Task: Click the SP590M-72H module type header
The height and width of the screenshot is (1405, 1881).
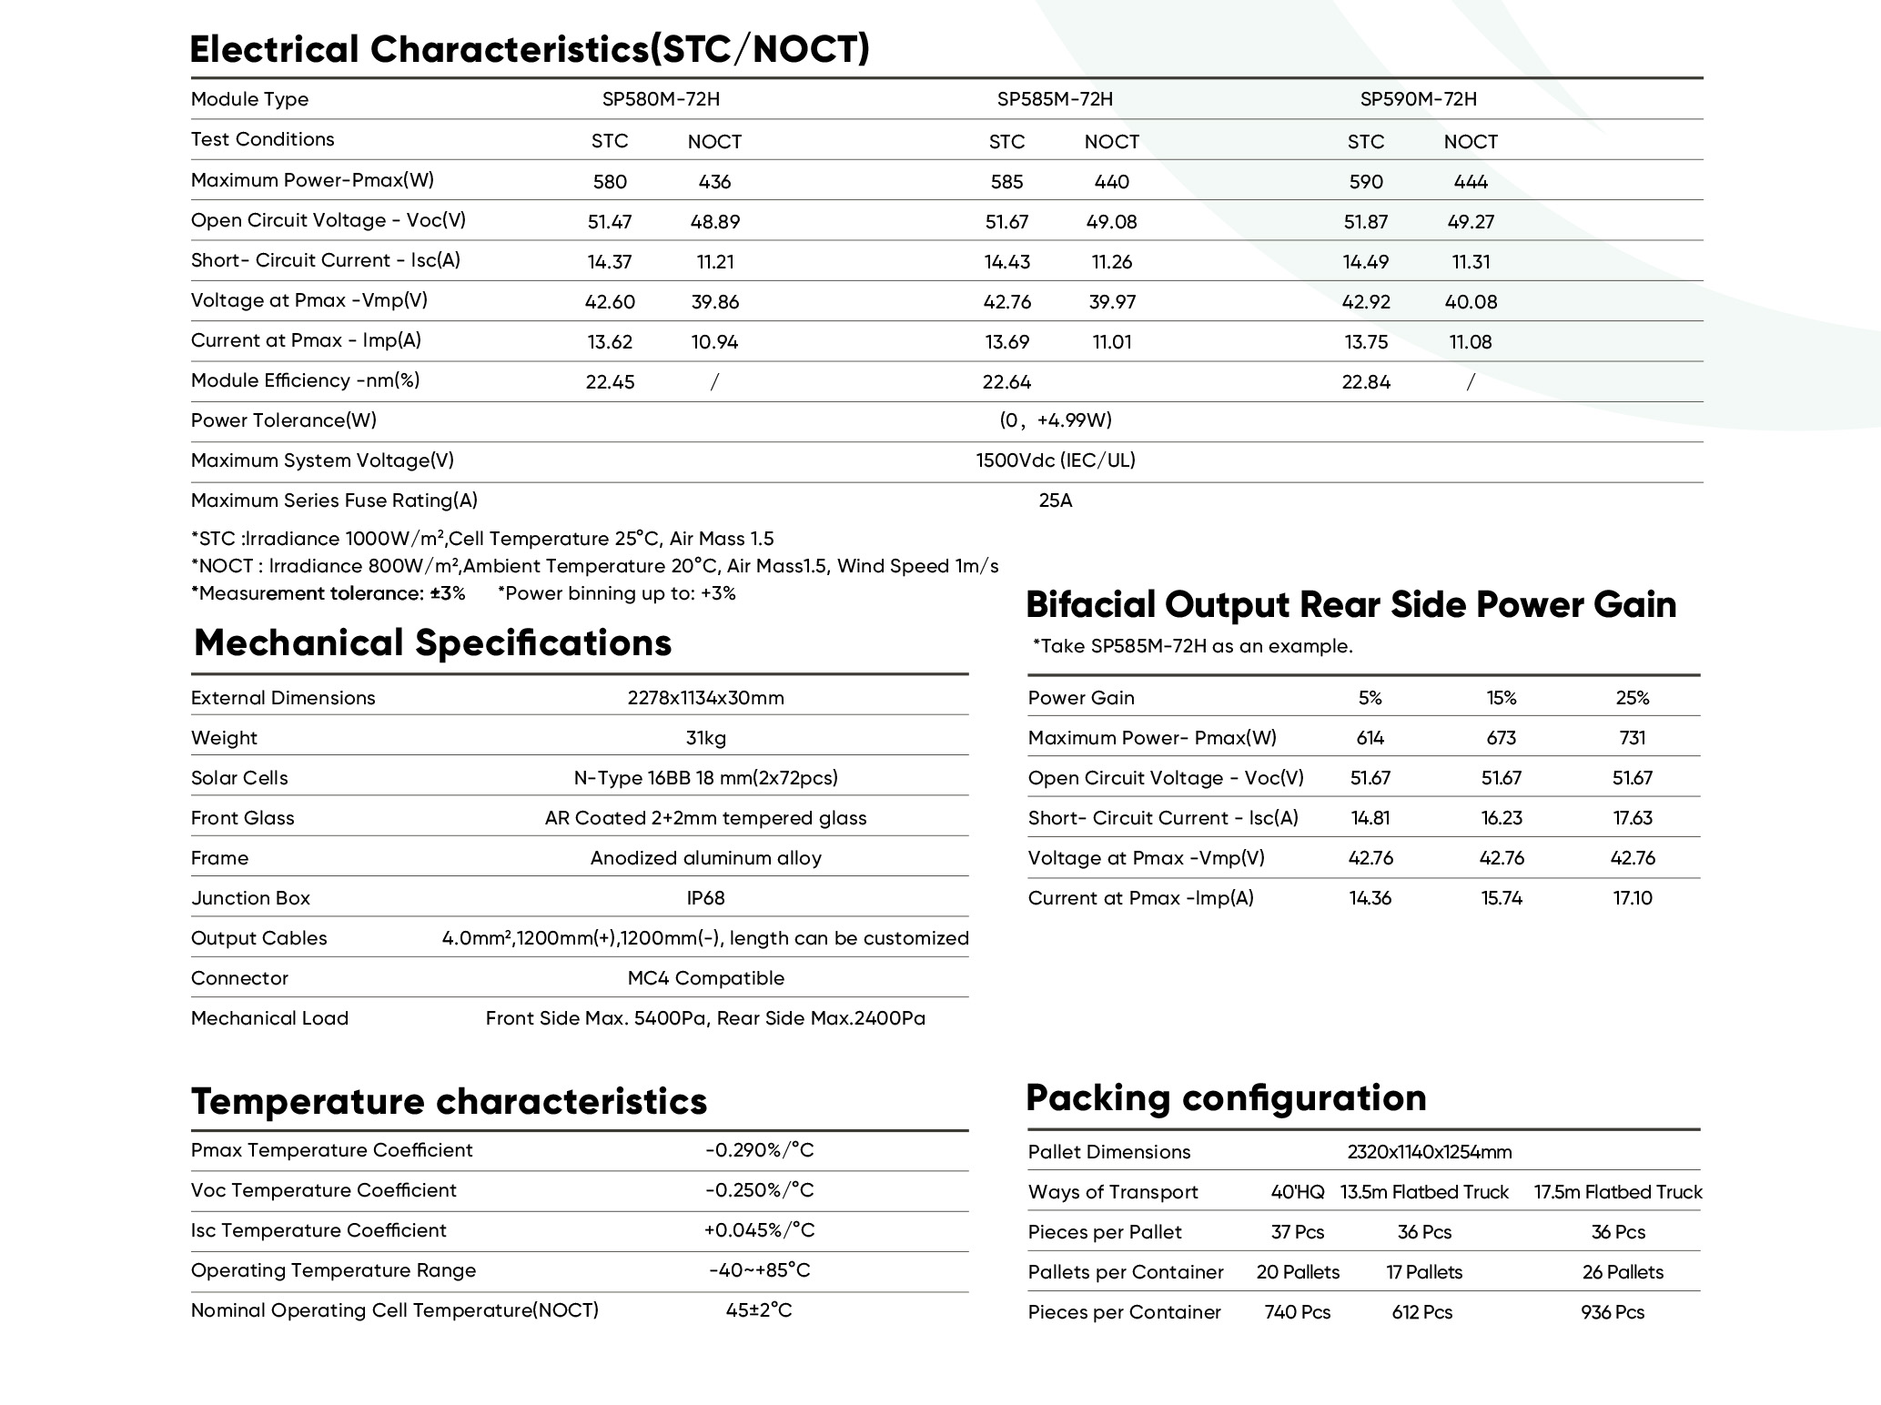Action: click(x=1418, y=99)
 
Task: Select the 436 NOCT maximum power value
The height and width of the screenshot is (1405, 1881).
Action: click(x=714, y=182)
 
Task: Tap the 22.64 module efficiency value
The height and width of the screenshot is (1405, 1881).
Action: click(x=1006, y=382)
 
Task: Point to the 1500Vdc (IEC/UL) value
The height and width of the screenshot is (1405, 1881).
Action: click(x=1056, y=460)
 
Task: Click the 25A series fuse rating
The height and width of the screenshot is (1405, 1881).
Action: click(x=1056, y=500)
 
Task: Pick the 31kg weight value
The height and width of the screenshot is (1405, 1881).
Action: click(x=705, y=738)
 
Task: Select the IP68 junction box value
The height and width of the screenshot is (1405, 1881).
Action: click(x=705, y=898)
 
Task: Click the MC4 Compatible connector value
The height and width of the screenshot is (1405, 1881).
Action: click(x=705, y=978)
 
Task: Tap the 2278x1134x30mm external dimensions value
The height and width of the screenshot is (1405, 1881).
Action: click(x=705, y=698)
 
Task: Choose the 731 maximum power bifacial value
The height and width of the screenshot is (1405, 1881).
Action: click(x=1633, y=738)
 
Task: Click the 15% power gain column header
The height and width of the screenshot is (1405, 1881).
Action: click(x=1502, y=698)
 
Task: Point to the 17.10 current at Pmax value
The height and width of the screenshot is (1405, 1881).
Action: click(x=1633, y=898)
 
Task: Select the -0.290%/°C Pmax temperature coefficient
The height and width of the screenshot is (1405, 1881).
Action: click(x=759, y=1150)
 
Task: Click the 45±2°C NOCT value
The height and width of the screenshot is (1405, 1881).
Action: click(x=759, y=1310)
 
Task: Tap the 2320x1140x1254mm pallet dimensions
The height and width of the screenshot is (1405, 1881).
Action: click(x=1430, y=1152)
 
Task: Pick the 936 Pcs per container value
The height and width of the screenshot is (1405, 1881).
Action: click(x=1613, y=1312)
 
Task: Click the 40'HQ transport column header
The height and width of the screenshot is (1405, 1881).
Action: click(x=1298, y=1192)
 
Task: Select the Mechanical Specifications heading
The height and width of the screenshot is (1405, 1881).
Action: click(x=432, y=642)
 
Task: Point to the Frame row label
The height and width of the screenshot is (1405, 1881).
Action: click(x=219, y=858)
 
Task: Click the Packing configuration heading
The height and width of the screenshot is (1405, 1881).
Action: click(x=1226, y=1097)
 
